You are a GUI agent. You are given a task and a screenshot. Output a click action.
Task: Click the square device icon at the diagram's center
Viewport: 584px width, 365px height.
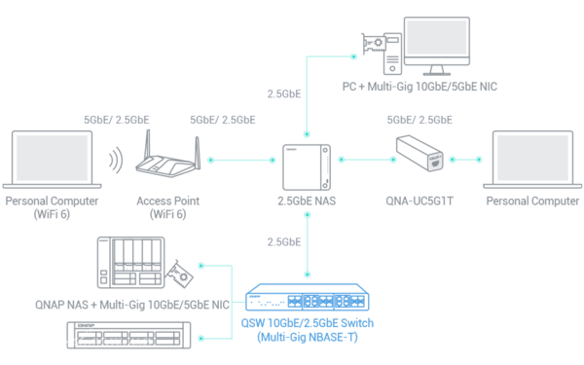pyautogui.click(x=307, y=166)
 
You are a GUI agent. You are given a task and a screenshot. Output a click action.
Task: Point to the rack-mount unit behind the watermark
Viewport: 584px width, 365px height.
pyautogui.click(x=127, y=335)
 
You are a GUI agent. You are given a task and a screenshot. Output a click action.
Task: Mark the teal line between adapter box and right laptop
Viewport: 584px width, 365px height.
pyautogui.click(x=467, y=159)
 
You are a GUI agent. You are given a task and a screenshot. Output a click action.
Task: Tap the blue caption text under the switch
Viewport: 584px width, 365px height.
pyautogui.click(x=307, y=331)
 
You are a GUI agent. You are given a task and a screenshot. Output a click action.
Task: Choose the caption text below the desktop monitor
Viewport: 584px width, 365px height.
pyautogui.click(x=447, y=87)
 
